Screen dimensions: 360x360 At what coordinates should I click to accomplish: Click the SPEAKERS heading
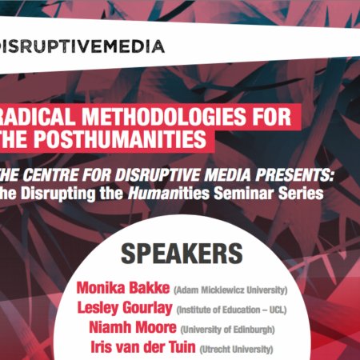[x=181, y=254]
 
